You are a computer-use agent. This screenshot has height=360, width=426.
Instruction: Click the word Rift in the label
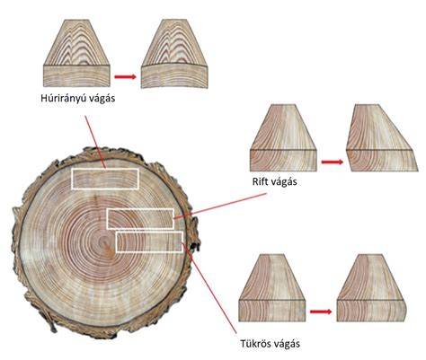[259, 181]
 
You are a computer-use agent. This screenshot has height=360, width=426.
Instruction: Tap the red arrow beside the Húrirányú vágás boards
[125, 77]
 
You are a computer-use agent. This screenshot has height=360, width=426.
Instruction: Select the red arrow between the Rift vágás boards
[333, 162]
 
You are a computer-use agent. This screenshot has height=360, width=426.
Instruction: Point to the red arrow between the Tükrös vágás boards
[321, 312]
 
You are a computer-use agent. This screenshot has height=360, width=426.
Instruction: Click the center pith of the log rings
[103, 240]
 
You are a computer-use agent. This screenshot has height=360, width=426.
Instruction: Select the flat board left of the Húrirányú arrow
[77, 53]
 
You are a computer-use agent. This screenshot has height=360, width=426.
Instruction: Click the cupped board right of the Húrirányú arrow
[174, 54]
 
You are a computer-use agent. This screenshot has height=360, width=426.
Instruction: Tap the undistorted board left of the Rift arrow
[283, 138]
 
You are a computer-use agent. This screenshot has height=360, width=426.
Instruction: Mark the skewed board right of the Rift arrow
[382, 138]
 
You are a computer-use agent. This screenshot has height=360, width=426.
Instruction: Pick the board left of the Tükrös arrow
[272, 288]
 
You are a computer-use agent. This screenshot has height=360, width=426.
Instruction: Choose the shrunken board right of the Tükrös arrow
[371, 288]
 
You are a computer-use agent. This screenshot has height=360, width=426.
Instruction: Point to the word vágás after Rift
[282, 181]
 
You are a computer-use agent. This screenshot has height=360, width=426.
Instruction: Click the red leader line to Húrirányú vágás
[95, 142]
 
